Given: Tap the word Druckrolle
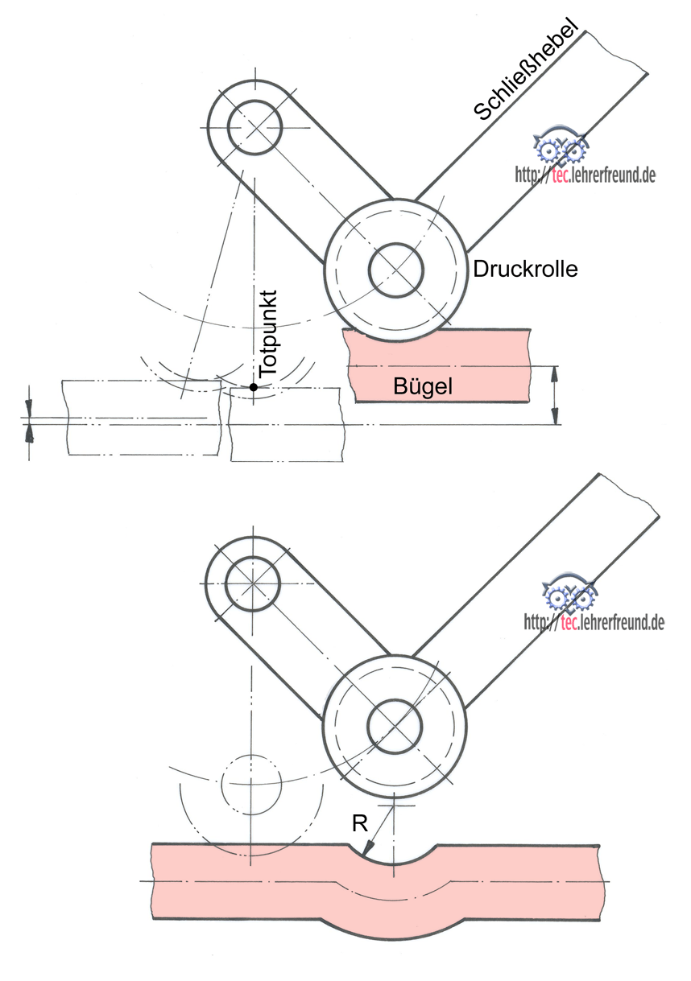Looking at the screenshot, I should (525, 269).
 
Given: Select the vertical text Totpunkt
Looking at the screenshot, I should (268, 332).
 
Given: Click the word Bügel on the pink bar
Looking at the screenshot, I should (423, 386).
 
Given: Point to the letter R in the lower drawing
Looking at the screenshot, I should (360, 823).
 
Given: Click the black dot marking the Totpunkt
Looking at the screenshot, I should (253, 387).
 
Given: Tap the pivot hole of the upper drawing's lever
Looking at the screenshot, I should (254, 127).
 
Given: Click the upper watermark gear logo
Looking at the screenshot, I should (561, 147).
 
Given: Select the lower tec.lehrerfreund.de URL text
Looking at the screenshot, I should (594, 621).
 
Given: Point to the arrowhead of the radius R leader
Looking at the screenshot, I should (366, 851).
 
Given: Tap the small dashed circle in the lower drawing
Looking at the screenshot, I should (250, 781).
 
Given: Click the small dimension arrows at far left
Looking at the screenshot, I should (30, 418).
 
